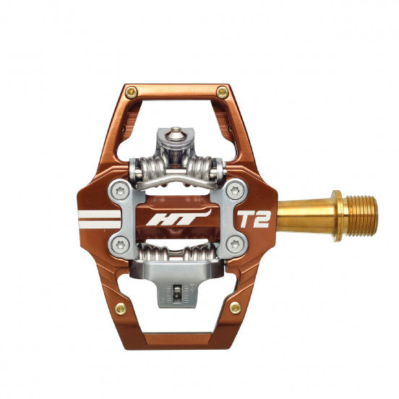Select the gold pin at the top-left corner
131,92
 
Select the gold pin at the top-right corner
222,92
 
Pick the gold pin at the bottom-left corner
120,309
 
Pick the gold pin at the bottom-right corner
235,308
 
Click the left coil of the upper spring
148,171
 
